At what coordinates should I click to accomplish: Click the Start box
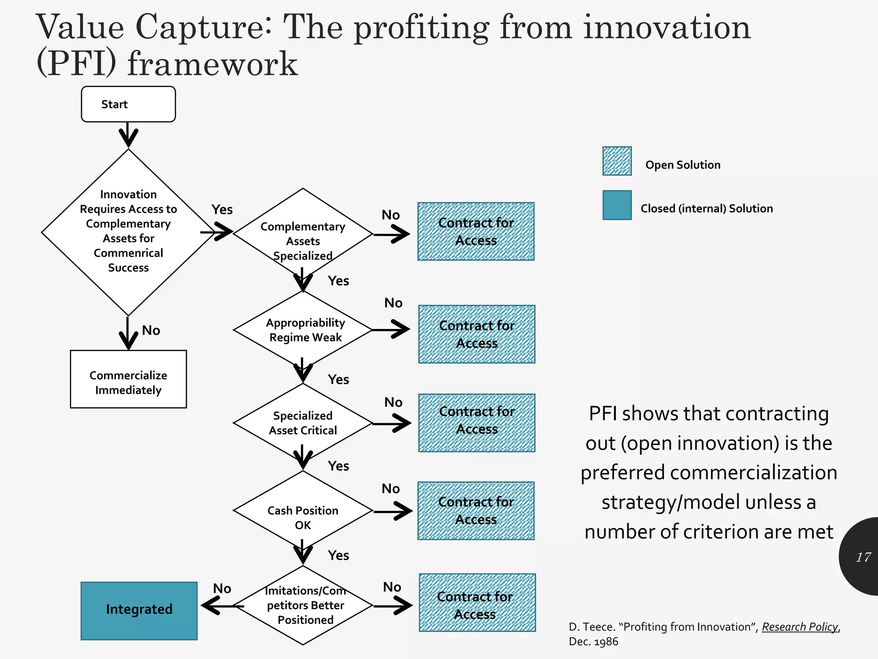tap(128, 104)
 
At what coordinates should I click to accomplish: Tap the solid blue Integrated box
tap(139, 611)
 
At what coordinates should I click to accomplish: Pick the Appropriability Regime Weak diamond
tap(303, 329)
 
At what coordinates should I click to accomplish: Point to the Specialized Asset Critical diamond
tap(303, 423)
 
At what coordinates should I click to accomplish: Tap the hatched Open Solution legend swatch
tap(617, 161)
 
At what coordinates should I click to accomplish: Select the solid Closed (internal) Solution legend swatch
tap(617, 205)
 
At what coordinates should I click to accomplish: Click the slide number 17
tap(863, 557)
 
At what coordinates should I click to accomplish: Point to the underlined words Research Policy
tap(800, 627)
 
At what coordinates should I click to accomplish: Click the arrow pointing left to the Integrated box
tap(219, 606)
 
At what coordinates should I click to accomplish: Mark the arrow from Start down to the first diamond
tap(128, 135)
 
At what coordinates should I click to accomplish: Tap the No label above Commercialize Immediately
tap(151, 330)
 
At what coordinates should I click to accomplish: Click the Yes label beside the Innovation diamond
tap(222, 209)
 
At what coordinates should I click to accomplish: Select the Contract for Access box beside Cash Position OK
tap(476, 511)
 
